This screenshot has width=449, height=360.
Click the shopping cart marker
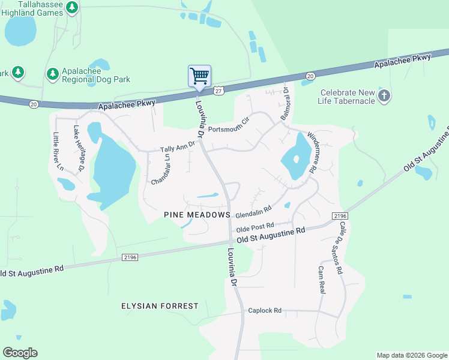pyautogui.click(x=199, y=76)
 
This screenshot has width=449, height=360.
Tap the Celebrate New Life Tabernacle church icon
pyautogui.click(x=384, y=95)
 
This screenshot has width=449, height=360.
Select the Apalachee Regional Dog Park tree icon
pyautogui.click(x=53, y=74)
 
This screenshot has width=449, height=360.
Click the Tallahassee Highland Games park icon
pyautogui.click(x=72, y=8)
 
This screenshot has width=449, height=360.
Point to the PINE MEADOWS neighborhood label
pyautogui.click(x=197, y=215)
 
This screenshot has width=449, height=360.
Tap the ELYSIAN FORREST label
pyautogui.click(x=160, y=306)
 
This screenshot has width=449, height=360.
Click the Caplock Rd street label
pyautogui.click(x=265, y=311)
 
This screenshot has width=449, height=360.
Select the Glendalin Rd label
pyautogui.click(x=254, y=211)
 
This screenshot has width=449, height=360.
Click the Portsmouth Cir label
pyautogui.click(x=228, y=124)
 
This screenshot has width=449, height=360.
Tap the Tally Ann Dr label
pyautogui.click(x=178, y=148)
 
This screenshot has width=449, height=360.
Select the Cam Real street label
pyautogui.click(x=321, y=280)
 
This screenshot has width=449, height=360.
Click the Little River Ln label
pyautogui.click(x=58, y=151)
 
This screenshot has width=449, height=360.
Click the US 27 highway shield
pyautogui.click(x=218, y=91)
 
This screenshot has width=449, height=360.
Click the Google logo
pyautogui.click(x=20, y=353)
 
